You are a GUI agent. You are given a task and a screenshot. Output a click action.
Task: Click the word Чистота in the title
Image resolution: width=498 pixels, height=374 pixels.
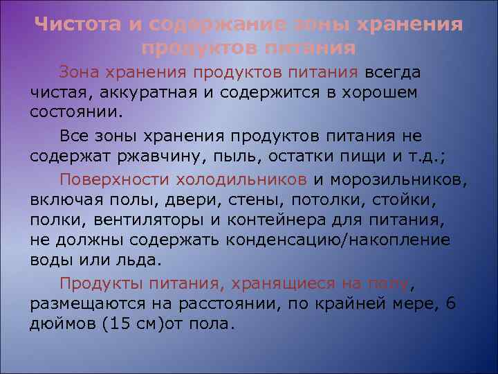[x=77, y=26]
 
